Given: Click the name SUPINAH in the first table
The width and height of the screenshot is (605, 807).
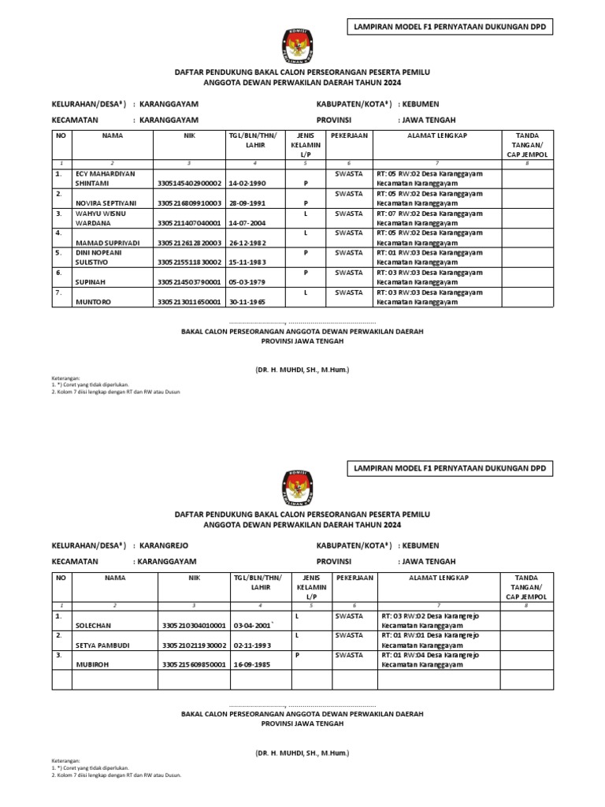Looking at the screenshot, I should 95,281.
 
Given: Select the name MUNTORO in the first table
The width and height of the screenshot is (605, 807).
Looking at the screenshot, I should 94,301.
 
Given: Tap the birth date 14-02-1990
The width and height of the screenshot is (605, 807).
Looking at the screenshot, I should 247,183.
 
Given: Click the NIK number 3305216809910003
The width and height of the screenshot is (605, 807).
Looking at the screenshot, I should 190,203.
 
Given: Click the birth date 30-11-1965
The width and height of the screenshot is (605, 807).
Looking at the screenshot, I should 247,301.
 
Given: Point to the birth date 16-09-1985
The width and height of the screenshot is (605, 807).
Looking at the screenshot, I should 251,664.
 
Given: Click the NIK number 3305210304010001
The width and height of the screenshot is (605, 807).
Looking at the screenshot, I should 194,625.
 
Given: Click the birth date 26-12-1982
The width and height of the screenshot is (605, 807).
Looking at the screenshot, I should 247,242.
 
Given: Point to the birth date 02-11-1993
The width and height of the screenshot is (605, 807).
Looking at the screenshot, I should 251,645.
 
